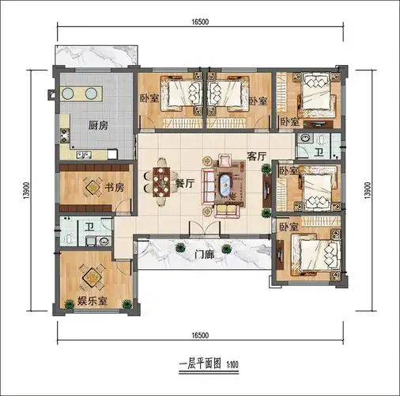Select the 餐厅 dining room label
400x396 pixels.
point(184,182)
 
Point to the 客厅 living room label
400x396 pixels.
point(257,157)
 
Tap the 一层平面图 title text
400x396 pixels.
point(192,365)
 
